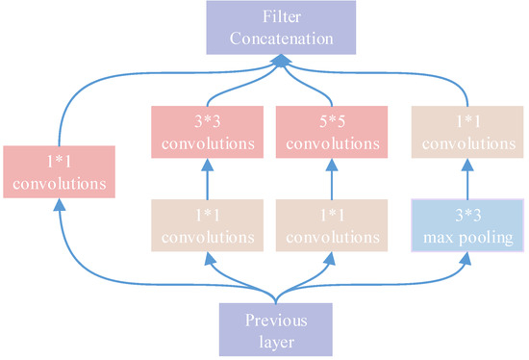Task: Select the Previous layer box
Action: click(x=278, y=329)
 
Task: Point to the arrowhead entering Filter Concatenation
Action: click(x=278, y=61)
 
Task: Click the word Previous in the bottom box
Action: click(x=278, y=320)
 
